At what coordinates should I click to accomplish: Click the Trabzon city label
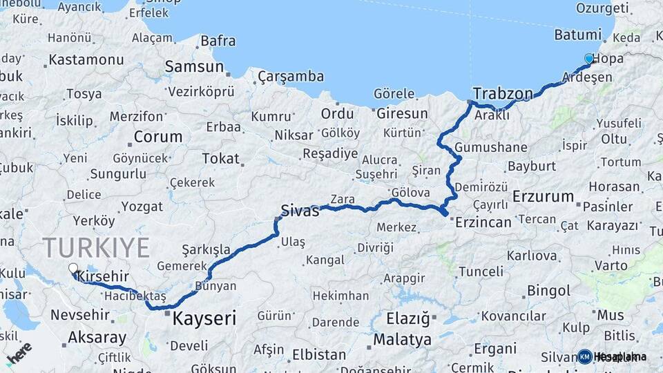[x=503, y=93]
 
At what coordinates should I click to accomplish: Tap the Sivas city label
[x=300, y=211]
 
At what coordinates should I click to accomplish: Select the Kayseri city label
[x=204, y=318]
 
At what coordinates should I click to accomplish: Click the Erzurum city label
[x=543, y=196]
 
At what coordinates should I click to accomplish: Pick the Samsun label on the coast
[x=194, y=67]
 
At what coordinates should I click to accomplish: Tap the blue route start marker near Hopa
[x=588, y=59]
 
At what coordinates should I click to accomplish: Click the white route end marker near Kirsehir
[x=73, y=269]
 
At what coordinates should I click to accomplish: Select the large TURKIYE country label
[x=96, y=247]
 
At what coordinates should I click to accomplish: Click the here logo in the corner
[x=19, y=353]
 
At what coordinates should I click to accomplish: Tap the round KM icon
[x=585, y=356]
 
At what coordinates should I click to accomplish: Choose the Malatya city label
[x=402, y=340]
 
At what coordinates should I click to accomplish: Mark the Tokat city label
[x=220, y=158]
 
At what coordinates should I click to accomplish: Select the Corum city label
[x=158, y=136]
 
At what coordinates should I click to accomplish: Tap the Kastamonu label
[x=86, y=59]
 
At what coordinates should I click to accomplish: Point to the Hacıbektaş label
[x=136, y=296]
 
